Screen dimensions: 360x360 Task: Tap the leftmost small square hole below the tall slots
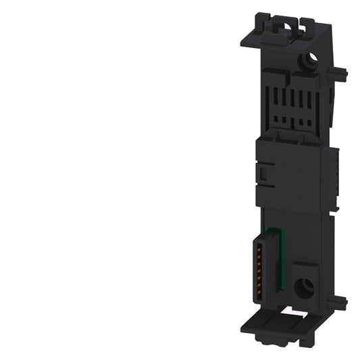click(276, 124)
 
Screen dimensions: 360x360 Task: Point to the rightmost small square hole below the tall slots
click(309, 124)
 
